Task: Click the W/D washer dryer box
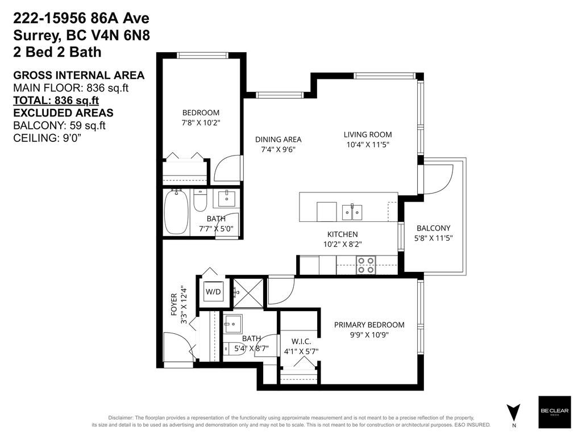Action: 213,292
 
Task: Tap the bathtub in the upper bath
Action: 176,212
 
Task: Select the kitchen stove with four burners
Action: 366,265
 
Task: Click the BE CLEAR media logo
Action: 554,412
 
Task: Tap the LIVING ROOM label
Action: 368,135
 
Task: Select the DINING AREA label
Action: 278,139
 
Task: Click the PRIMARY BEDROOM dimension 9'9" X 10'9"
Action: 369,335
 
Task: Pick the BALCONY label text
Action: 433,228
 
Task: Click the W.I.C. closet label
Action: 301,341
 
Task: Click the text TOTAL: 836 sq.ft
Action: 52,100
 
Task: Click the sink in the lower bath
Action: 232,325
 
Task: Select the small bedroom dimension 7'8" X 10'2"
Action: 200,122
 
